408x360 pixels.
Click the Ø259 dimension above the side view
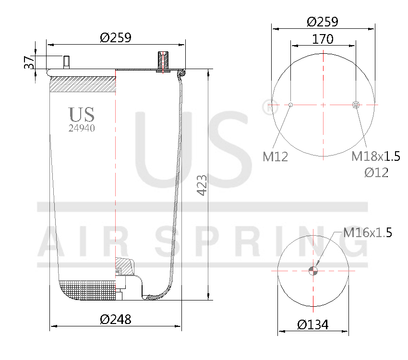(115, 37)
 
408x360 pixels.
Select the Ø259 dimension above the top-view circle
(323, 22)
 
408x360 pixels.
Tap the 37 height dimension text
(29, 62)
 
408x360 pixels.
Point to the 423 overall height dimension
(202, 185)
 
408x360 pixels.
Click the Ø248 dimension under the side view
(115, 319)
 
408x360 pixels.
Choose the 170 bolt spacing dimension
(323, 39)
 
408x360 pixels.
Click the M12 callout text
(276, 156)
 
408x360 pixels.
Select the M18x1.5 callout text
(376, 156)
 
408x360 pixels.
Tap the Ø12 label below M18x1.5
(376, 173)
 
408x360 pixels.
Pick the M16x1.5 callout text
(368, 233)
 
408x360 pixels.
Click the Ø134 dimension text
(312, 325)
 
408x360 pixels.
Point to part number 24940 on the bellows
(81, 128)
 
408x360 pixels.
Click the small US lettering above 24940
(81, 114)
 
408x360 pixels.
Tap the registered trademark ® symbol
(266, 106)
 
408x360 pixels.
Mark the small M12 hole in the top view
(291, 104)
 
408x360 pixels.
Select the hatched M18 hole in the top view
(356, 105)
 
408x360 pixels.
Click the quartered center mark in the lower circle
(313, 270)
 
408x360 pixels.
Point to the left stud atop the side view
(66, 62)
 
